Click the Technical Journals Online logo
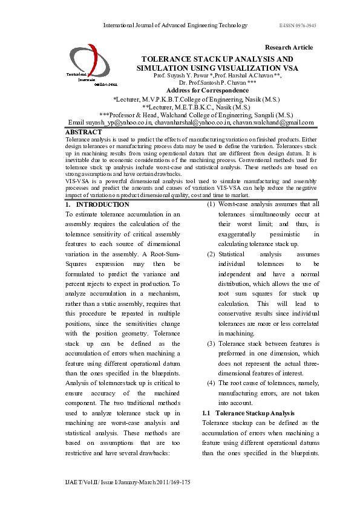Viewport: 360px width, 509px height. pyautogui.click(x=84, y=70)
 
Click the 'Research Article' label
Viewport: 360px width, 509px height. pyautogui.click(x=289, y=47)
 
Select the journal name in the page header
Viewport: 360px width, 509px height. pyautogui.click(x=175, y=25)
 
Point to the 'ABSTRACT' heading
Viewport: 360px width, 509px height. pyautogui.click(x=83, y=132)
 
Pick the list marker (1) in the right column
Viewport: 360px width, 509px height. pyautogui.click(x=211, y=204)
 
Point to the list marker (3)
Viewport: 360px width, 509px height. pyautogui.click(x=211, y=343)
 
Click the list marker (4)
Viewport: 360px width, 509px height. pyautogui.click(x=211, y=383)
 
